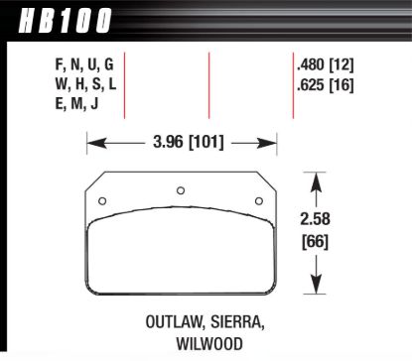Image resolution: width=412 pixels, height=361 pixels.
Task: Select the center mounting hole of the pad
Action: click(x=180, y=191)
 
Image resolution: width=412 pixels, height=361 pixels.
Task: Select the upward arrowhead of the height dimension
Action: click(x=317, y=180)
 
